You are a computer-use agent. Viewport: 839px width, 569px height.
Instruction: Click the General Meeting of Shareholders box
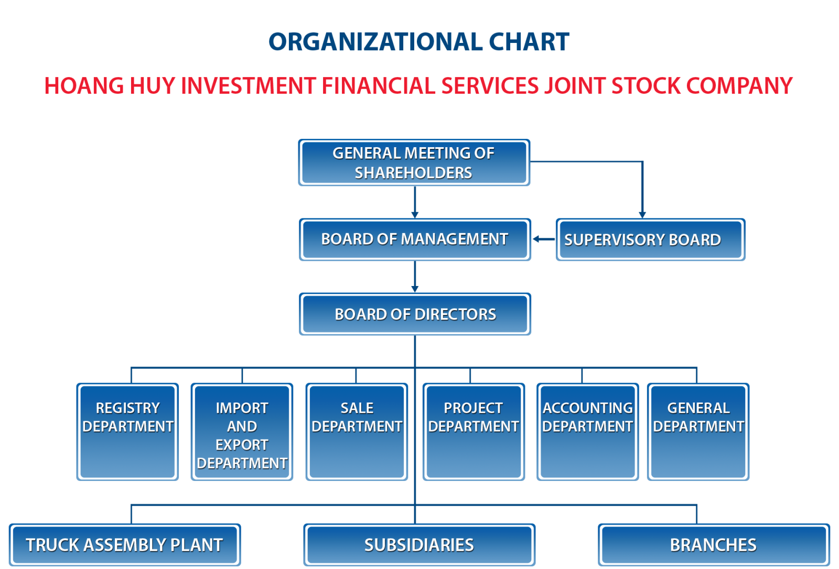pos(414,162)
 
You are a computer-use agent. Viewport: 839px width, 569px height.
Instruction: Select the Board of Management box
pos(415,239)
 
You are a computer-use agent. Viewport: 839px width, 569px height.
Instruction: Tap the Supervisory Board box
pos(651,239)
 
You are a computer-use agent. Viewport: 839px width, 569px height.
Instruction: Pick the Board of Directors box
pos(415,314)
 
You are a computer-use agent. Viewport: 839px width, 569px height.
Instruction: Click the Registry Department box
pos(127,432)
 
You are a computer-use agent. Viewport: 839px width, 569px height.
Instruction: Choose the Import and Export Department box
pos(242,432)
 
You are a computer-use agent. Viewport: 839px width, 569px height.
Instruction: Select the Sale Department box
pos(357,432)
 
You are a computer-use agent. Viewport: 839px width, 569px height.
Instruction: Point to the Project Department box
pos(474,432)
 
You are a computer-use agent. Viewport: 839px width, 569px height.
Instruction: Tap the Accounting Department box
pos(588,432)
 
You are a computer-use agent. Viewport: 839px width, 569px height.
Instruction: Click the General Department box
pos(698,432)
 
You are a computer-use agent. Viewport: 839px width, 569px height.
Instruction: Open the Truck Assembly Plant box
pos(125,545)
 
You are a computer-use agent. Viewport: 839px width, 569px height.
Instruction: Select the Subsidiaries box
pos(419,545)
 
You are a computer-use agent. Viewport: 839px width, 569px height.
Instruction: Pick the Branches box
pos(714,545)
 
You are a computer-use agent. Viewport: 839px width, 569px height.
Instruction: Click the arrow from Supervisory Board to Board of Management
pos(544,239)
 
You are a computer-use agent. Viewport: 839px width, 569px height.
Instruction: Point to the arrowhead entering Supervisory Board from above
pos(642,215)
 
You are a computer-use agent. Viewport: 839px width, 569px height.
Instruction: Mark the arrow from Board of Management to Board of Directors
pos(415,277)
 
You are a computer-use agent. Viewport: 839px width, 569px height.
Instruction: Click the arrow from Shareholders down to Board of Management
pos(415,202)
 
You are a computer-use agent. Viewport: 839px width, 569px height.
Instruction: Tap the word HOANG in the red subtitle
pos(84,86)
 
